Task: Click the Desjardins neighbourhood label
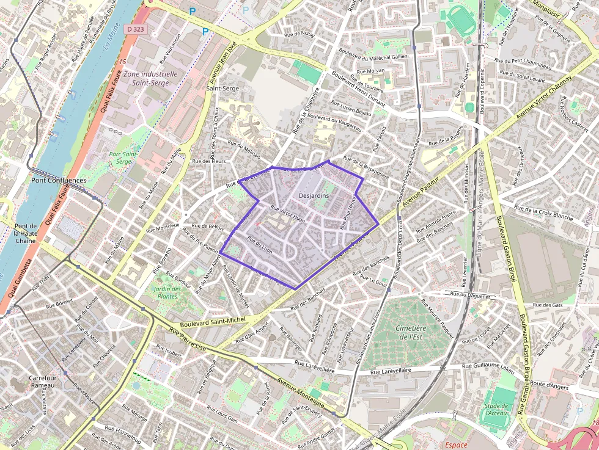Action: point(314,195)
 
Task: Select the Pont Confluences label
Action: point(59,181)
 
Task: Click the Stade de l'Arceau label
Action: point(496,409)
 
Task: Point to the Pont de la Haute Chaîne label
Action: point(25,233)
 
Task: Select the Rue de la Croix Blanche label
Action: point(545,213)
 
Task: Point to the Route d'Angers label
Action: point(549,385)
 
